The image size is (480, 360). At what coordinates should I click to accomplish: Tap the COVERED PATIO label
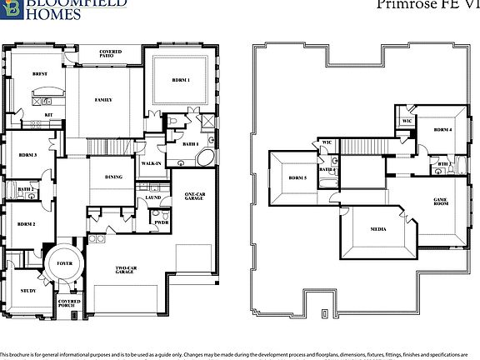(x=110, y=55)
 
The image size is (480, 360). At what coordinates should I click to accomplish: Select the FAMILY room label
(x=103, y=100)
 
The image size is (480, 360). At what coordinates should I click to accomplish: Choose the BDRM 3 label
(x=27, y=155)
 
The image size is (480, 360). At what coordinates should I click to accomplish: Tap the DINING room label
(x=114, y=177)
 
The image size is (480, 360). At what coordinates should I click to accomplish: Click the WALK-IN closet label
(x=151, y=163)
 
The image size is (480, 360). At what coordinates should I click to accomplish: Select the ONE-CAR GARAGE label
(x=195, y=196)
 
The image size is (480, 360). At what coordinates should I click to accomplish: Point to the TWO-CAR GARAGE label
(x=127, y=270)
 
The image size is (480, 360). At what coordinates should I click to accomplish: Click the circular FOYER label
(x=65, y=262)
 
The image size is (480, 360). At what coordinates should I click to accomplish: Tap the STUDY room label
(x=27, y=291)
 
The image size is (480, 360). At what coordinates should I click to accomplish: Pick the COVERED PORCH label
(x=68, y=305)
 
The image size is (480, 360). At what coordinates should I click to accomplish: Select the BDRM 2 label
(x=27, y=225)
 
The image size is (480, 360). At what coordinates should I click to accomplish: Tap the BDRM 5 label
(x=297, y=177)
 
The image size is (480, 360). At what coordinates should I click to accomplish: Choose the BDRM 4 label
(x=443, y=130)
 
